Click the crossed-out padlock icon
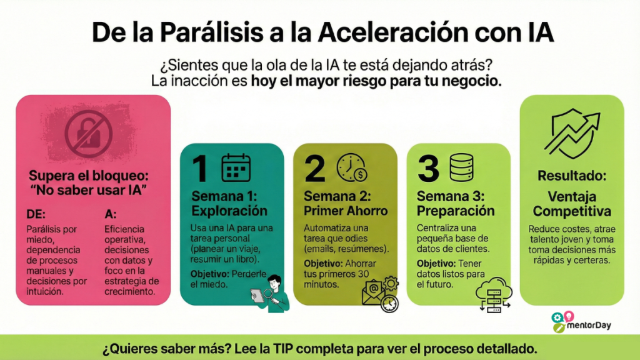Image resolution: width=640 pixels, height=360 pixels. click(x=89, y=134)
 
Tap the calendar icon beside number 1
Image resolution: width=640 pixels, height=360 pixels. click(x=236, y=167)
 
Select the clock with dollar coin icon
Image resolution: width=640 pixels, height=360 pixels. click(x=351, y=167)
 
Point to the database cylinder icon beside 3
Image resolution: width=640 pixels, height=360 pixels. click(x=462, y=167)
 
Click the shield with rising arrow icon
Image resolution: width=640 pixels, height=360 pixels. click(x=572, y=134)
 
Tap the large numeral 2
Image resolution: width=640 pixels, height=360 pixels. click(x=315, y=168)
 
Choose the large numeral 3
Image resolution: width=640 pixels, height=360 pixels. click(x=428, y=168)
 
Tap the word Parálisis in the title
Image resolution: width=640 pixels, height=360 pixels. click(x=211, y=32)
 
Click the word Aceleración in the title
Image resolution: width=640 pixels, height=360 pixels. click(x=393, y=32)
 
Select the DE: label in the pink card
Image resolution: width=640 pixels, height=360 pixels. click(x=36, y=214)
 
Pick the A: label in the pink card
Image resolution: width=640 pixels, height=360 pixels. click(x=110, y=214)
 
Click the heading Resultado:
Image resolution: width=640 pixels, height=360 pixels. click(x=572, y=176)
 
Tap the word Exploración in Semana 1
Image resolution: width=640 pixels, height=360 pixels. click(x=229, y=211)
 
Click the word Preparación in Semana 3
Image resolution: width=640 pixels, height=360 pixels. click(x=456, y=211)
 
